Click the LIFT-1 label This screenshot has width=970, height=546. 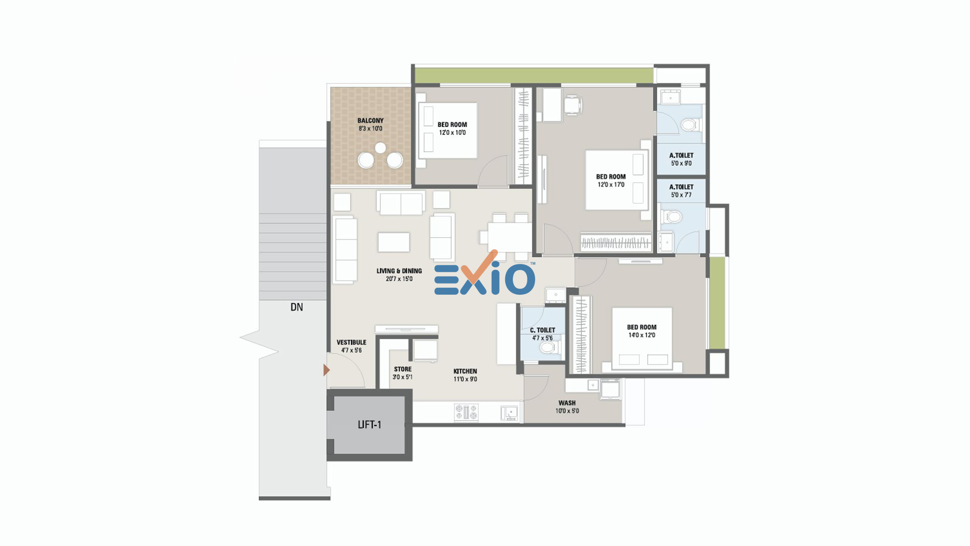369,425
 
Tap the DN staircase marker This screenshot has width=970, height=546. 297,307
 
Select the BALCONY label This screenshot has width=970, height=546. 370,120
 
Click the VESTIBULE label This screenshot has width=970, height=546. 351,342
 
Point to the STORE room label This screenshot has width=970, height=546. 403,369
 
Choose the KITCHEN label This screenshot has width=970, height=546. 465,371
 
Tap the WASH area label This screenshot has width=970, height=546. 567,403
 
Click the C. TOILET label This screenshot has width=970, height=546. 543,330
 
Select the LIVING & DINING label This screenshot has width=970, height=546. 399,271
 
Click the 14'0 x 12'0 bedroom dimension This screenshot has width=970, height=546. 642,335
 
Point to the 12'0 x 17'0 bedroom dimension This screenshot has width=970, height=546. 611,185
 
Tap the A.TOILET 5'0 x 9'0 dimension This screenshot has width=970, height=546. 681,163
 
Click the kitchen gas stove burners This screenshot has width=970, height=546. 466,412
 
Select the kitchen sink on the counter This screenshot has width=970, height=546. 509,413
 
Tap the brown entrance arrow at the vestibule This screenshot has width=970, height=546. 326,370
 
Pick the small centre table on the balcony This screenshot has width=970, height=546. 380,148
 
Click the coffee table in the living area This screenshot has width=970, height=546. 394,242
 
